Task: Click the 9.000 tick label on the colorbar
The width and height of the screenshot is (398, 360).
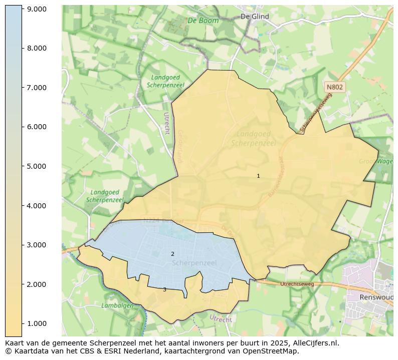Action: pos(36,9)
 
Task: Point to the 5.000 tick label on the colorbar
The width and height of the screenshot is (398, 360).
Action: pos(36,166)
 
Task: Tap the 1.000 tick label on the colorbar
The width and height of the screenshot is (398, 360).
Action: pos(36,323)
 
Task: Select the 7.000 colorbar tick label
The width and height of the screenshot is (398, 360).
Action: pos(36,88)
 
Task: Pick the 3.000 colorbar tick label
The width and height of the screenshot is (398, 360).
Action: pos(36,245)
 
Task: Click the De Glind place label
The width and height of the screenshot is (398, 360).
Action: pos(255,17)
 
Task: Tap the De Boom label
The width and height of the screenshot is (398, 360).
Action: pos(203,21)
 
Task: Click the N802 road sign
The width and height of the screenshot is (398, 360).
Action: pos(334,87)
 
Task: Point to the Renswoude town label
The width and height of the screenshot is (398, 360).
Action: pos(376,297)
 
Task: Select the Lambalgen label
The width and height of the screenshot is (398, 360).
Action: pos(117,305)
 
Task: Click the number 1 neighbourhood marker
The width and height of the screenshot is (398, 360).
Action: pos(258,176)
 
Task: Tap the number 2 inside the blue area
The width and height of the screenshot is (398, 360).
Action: pos(172,254)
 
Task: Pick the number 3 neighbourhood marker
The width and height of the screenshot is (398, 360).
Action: pos(164,290)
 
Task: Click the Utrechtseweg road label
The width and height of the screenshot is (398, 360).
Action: pos(297,284)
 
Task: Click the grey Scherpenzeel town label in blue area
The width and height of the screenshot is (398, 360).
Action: pos(194,262)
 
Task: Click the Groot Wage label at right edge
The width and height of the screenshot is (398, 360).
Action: pos(376,161)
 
